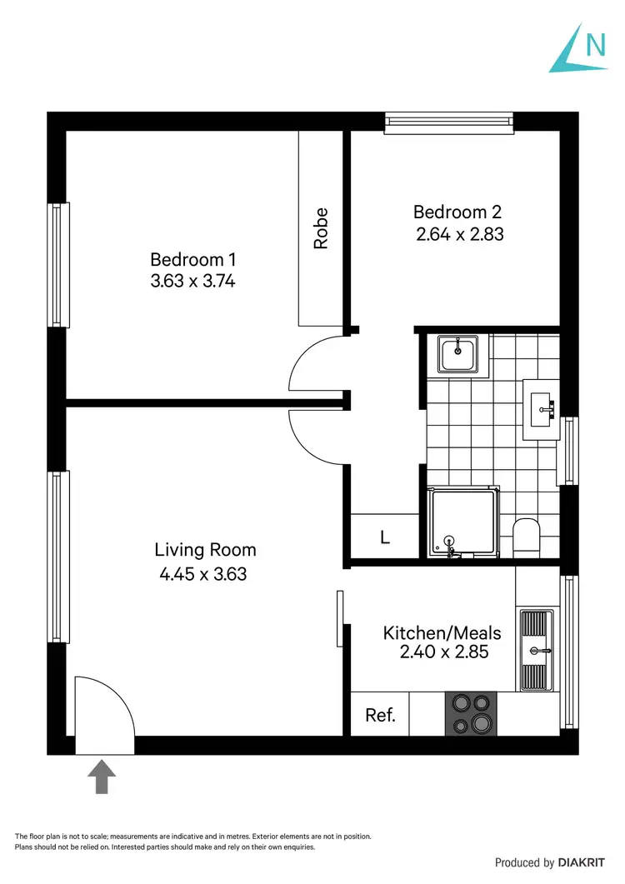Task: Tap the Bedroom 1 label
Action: (x=192, y=259)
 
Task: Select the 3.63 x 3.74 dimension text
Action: (x=192, y=281)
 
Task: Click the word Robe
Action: (x=321, y=228)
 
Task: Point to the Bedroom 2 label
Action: (x=457, y=212)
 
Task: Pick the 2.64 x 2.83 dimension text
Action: (x=460, y=234)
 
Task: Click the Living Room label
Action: (x=205, y=550)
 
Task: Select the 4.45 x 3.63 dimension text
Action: (x=203, y=573)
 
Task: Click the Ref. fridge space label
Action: (x=380, y=715)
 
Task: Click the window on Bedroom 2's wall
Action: (x=447, y=123)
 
